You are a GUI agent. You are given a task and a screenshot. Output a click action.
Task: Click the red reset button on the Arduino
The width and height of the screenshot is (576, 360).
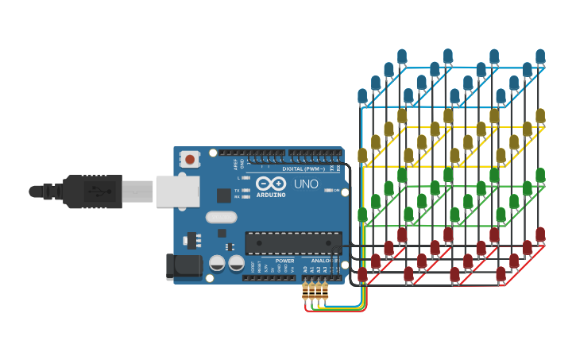click(x=190, y=160)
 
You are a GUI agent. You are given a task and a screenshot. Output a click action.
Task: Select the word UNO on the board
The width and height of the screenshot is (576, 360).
click(x=306, y=184)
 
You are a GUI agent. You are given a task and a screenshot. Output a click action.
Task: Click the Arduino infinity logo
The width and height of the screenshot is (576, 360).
click(x=270, y=183)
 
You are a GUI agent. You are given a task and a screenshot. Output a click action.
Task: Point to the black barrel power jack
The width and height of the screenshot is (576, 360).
click(x=184, y=266)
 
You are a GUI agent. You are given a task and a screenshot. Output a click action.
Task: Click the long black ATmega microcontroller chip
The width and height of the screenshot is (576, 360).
click(x=293, y=243)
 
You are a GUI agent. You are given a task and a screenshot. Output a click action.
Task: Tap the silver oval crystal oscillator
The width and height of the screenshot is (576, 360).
click(x=221, y=217)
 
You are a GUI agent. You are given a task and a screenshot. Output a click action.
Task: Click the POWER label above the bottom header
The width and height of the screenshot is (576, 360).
click(x=284, y=261)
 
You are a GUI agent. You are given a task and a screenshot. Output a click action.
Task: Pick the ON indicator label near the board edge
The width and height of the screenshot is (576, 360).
click(x=336, y=191)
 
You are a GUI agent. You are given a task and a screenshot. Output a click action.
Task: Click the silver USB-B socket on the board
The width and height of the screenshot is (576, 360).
click(x=177, y=192)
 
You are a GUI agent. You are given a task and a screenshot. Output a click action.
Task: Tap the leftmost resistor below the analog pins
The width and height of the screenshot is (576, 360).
click(x=305, y=292)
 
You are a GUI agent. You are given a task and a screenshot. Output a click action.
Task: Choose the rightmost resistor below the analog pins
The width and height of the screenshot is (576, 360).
click(x=324, y=292)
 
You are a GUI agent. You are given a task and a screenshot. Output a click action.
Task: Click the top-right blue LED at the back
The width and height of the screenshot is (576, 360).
click(x=540, y=56)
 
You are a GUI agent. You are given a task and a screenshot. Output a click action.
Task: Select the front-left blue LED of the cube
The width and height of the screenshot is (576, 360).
click(x=362, y=96)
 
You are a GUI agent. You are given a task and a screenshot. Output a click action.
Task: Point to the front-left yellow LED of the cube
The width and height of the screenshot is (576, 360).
click(x=362, y=155)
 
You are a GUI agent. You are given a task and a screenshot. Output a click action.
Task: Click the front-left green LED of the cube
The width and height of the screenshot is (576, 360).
click(x=362, y=215)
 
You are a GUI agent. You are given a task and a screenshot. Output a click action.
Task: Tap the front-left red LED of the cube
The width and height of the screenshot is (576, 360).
click(x=362, y=274)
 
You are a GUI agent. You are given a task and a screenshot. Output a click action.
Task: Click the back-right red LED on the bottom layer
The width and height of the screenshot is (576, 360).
click(x=540, y=234)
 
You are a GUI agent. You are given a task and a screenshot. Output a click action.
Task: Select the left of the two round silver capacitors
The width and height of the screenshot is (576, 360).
click(x=217, y=263)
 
